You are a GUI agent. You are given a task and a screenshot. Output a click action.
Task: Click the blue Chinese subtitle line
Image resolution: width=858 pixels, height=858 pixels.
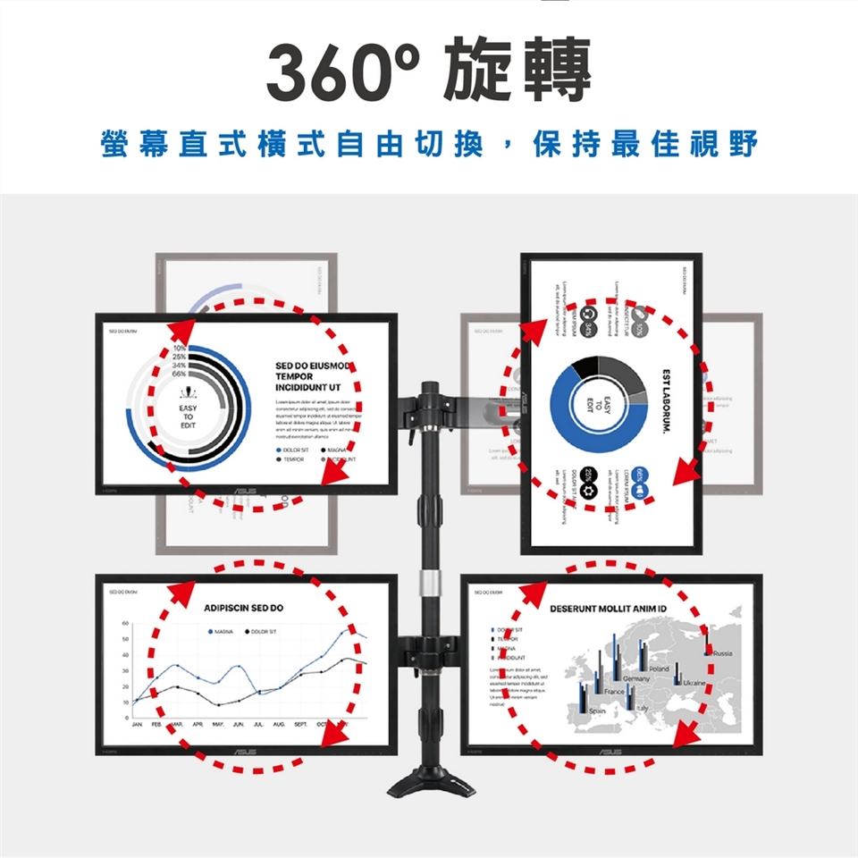coord(429,143)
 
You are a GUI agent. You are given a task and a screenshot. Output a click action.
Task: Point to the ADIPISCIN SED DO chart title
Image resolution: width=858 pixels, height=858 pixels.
coord(243,608)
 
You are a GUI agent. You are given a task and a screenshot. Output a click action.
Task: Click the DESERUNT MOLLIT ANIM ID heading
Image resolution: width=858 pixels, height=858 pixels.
coord(609,609)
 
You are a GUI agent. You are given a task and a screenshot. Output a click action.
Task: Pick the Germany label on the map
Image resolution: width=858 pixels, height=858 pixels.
coord(636,680)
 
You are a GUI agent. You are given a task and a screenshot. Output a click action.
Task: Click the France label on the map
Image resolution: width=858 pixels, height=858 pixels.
coord(614,693)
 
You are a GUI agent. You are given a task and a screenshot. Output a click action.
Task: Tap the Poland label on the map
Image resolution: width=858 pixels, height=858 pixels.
coord(660,669)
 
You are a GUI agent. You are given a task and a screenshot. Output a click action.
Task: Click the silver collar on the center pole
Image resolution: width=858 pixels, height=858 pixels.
coord(431,585)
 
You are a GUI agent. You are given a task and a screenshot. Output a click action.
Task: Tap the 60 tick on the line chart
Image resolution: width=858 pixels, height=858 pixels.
coord(126,623)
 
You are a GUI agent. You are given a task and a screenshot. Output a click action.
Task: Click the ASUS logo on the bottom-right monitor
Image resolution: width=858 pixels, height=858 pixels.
coord(612,753)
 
